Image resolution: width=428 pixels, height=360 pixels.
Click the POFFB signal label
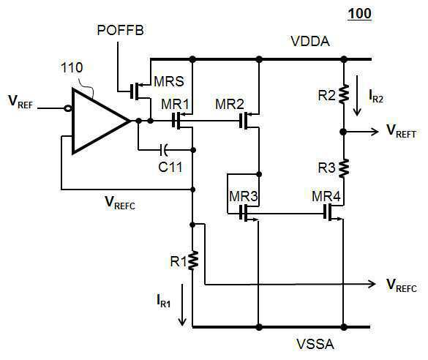coord(120,30)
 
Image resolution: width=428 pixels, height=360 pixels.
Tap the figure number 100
coord(360,13)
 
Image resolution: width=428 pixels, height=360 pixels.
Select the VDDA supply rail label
coord(310,42)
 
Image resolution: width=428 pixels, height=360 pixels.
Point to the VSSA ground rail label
coord(315,344)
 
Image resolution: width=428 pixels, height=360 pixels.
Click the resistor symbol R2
coord(344,94)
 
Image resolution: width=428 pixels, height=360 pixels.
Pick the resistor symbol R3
coord(344,168)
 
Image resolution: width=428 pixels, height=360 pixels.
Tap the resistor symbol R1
coord(192,260)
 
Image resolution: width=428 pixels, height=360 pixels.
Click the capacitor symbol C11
coord(164,150)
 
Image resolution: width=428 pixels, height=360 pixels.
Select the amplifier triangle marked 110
coord(100,121)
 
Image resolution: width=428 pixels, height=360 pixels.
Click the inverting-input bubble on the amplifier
coord(67,108)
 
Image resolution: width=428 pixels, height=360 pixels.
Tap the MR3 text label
coord(244,196)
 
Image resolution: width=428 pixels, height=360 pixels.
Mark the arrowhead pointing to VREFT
coord(375,132)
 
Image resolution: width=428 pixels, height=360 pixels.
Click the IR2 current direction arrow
coord(357,96)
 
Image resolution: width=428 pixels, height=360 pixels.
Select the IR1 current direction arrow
coord(182,304)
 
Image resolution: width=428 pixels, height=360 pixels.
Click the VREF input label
coord(20,102)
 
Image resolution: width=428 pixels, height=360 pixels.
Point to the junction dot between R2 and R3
coord(343,132)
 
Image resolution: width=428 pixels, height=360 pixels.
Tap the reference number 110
coord(72,68)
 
